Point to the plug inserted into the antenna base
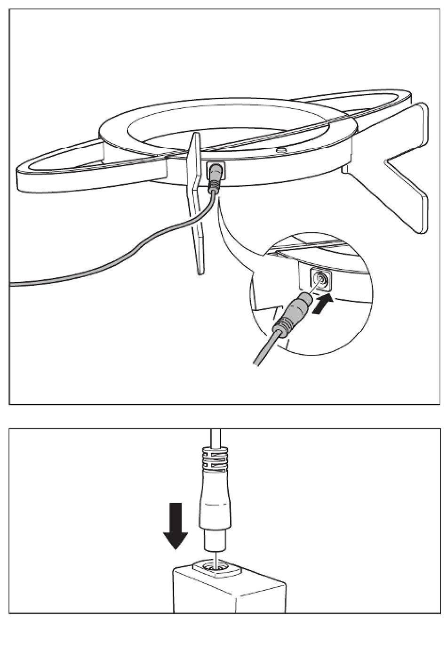[x=215, y=177]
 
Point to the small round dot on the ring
[x=281, y=150]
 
